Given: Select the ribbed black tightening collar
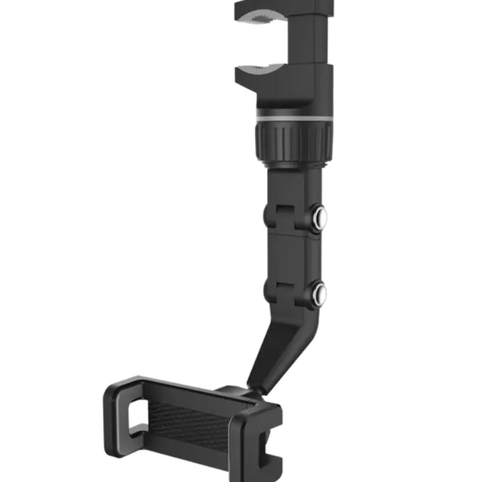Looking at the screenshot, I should click(x=293, y=141).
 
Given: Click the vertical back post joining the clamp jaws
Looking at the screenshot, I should click(x=311, y=47).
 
